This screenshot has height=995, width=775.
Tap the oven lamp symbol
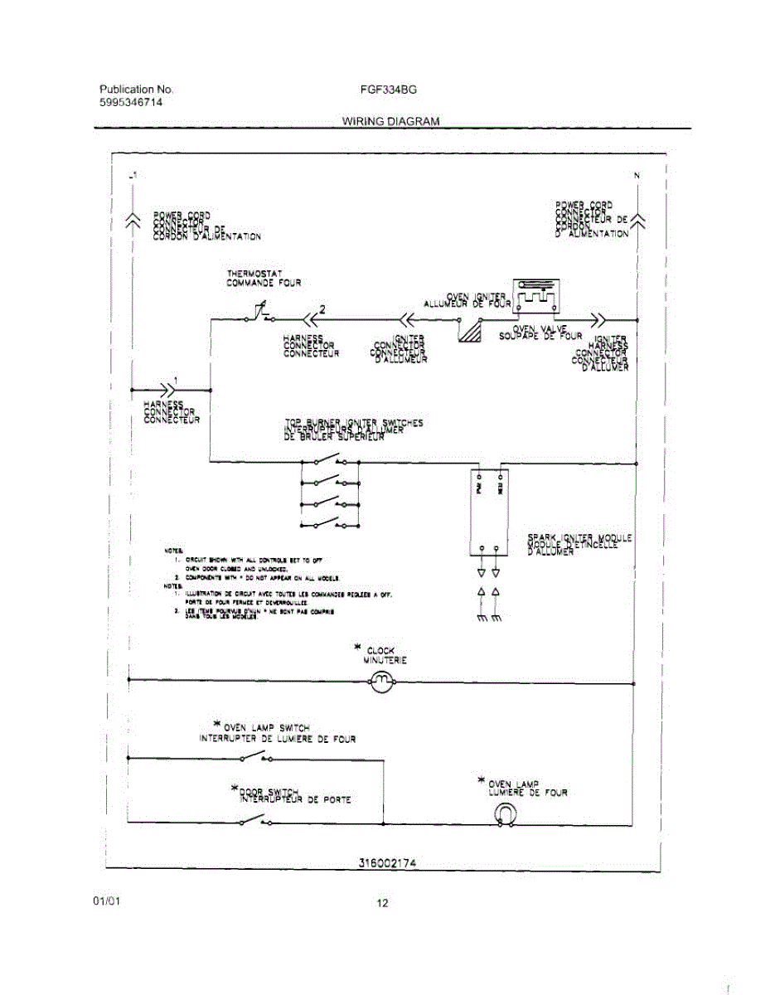point(504,818)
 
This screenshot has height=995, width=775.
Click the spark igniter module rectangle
point(488,512)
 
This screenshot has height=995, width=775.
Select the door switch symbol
point(254,821)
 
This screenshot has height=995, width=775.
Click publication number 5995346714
point(131,102)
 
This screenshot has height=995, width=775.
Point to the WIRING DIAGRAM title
point(390,121)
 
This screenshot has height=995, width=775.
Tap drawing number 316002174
point(386,862)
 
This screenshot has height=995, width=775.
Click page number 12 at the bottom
point(382,903)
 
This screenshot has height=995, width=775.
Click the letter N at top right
point(637,175)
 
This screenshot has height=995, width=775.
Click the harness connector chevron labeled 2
point(310,319)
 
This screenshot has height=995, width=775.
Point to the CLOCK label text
point(381,651)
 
